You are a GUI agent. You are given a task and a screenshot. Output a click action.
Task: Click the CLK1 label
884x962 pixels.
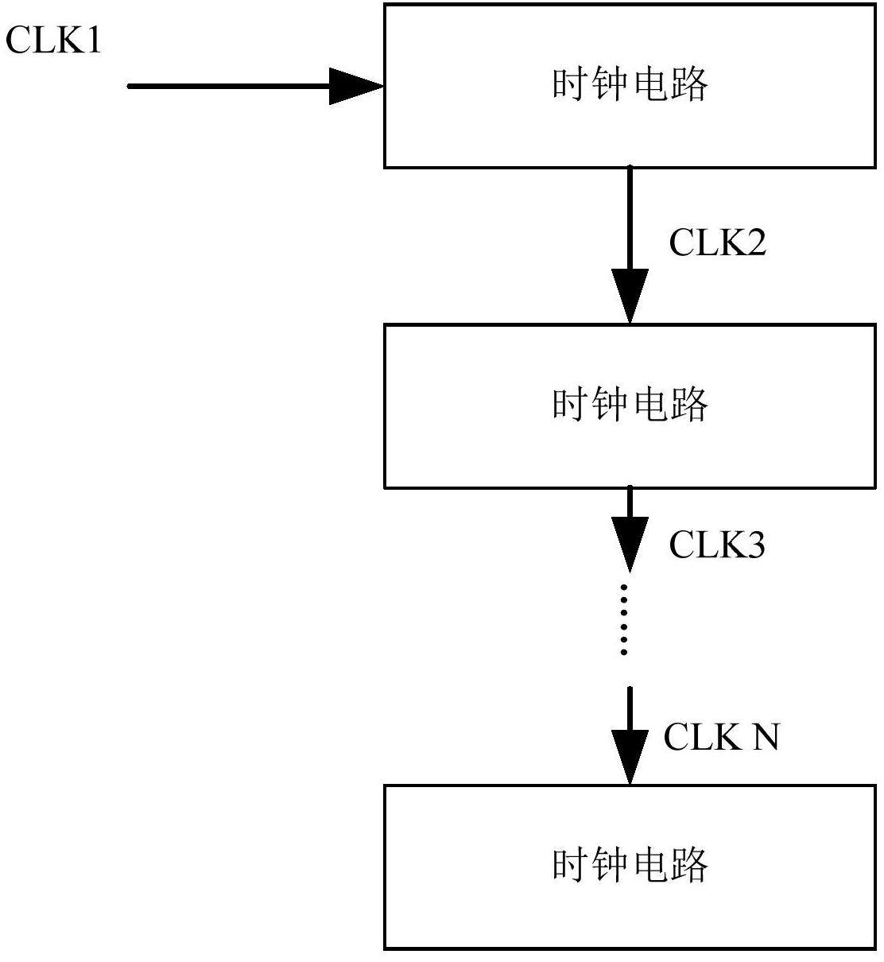click(54, 40)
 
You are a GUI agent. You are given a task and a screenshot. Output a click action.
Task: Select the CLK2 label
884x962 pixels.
click(717, 242)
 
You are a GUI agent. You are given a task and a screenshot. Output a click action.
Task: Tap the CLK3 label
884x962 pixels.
click(716, 545)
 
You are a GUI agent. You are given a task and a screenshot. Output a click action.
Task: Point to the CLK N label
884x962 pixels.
click(721, 736)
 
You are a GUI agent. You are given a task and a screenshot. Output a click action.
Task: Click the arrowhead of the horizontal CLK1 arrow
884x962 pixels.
click(355, 86)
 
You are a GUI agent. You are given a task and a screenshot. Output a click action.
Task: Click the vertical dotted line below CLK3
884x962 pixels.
click(625, 620)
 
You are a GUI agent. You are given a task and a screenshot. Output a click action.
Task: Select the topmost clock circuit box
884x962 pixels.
click(630, 86)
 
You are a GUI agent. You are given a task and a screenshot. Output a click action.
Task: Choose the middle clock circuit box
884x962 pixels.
click(630, 405)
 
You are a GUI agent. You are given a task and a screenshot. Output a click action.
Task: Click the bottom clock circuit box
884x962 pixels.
click(630, 867)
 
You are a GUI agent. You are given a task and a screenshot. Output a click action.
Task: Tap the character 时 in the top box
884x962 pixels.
click(571, 84)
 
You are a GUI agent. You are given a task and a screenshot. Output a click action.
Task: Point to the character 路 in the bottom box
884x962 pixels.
click(688, 865)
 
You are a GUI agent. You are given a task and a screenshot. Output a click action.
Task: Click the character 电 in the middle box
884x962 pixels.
click(649, 405)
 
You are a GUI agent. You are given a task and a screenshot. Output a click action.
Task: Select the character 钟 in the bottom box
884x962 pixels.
click(610, 865)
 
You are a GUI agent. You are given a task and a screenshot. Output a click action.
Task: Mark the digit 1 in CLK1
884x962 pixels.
click(94, 40)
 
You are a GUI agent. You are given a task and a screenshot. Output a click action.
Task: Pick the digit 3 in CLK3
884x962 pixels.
click(754, 545)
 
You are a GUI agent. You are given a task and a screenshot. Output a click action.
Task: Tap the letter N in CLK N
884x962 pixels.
click(765, 736)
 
